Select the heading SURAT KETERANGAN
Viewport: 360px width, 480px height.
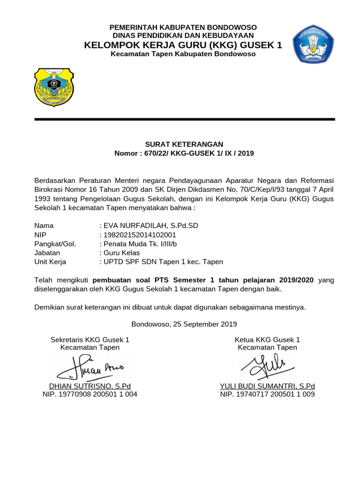coord(183,144)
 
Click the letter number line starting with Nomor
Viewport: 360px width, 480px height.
coord(184,153)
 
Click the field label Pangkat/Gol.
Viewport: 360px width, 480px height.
coord(55,244)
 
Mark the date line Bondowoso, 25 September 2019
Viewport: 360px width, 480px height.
coord(184,324)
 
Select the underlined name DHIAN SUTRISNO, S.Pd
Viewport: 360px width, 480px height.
coord(90,386)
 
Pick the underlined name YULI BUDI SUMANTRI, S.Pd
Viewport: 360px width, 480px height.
coord(267,386)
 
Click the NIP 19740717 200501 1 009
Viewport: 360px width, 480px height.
coord(267,395)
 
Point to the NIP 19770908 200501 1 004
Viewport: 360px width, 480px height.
coord(90,395)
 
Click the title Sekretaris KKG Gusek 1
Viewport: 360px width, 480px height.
coord(90,339)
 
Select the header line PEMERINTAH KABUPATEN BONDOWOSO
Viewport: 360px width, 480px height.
coord(183,27)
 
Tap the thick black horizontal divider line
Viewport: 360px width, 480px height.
coord(185,120)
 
